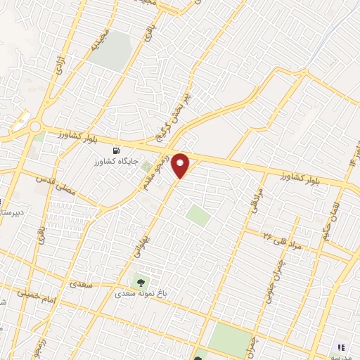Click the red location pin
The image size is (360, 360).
click(181, 165)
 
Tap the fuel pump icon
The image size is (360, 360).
click(115, 150)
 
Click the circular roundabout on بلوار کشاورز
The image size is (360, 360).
click(34, 128)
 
